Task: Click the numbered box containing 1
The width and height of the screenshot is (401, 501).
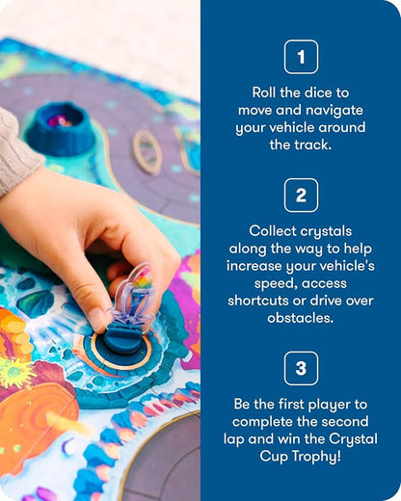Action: pyautogui.click(x=301, y=57)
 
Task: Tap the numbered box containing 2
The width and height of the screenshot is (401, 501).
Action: pyautogui.click(x=301, y=195)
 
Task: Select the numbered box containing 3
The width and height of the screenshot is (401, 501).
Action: pyautogui.click(x=301, y=368)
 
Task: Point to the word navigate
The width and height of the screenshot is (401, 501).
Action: pyautogui.click(x=334, y=111)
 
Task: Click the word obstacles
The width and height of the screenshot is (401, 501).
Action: pyautogui.click(x=301, y=318)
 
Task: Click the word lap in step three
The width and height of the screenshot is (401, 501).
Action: pyautogui.click(x=234, y=439)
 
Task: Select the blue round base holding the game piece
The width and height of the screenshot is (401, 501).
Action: pyautogui.click(x=124, y=339)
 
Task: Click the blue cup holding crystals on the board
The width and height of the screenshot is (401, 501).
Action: pyautogui.click(x=61, y=128)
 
